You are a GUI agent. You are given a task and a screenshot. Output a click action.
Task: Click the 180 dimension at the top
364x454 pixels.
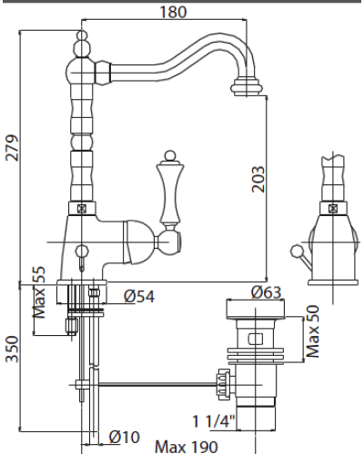click(x=173, y=12)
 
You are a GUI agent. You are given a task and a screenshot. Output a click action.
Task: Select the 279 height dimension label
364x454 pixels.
click(x=13, y=148)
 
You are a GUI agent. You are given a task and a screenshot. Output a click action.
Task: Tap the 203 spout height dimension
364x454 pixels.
click(x=258, y=179)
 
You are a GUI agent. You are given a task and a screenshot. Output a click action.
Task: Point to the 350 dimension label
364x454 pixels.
click(x=13, y=349)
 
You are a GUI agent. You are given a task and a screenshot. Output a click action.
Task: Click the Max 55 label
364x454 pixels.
click(x=40, y=292)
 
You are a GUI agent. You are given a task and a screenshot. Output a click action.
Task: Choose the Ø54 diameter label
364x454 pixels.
click(x=139, y=297)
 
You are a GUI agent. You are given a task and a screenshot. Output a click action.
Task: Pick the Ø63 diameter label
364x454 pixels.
click(x=267, y=292)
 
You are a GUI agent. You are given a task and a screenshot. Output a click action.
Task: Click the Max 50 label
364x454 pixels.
click(x=313, y=331)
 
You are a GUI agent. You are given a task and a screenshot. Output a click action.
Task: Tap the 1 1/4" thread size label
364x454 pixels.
click(x=214, y=421)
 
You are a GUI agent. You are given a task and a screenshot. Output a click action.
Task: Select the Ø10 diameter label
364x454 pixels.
click(x=125, y=437)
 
